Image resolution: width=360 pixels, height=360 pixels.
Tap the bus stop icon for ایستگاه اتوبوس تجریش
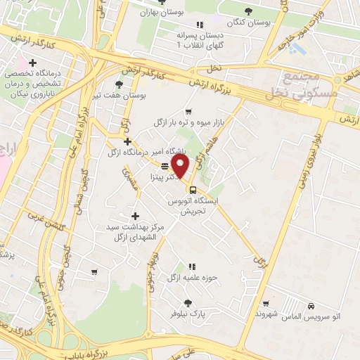coord(192,190)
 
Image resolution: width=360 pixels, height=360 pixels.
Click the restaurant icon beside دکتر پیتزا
coord(164,167)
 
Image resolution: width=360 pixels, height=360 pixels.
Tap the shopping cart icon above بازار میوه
coord(188,112)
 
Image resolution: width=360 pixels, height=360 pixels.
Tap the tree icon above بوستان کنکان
coord(247,10)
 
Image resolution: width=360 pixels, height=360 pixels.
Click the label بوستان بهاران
coord(156,12)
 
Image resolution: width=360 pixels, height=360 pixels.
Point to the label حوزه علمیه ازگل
coord(189,278)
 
